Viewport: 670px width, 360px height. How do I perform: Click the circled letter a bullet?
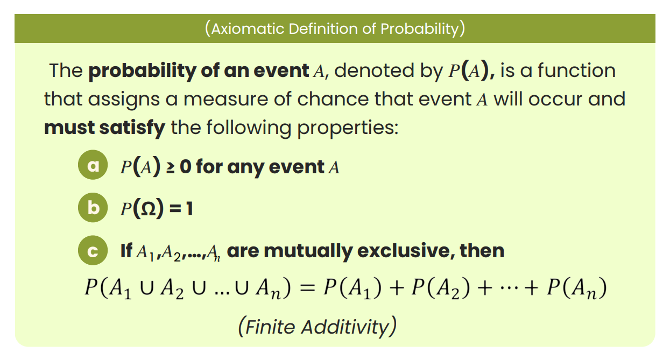click(x=94, y=166)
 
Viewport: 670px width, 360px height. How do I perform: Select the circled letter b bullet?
click(x=94, y=208)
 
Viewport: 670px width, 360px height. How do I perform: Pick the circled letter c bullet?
click(x=94, y=251)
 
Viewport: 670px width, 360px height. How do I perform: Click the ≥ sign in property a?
click(x=170, y=167)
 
